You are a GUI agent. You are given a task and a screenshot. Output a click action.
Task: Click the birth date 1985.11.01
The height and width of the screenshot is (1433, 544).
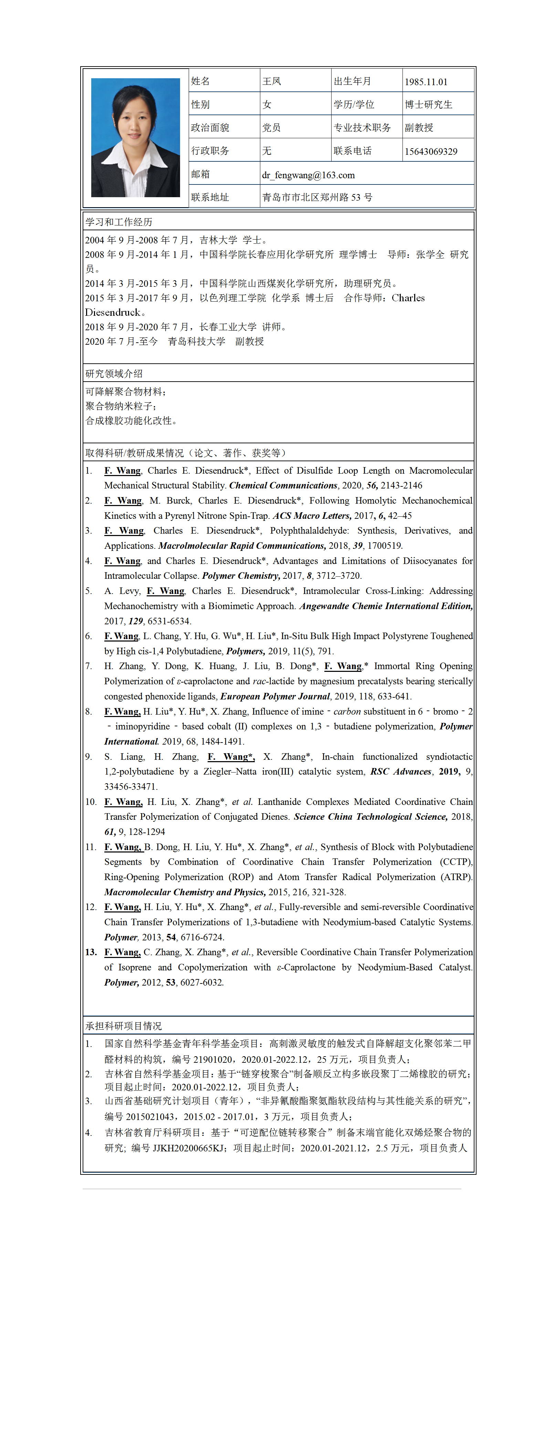click(x=426, y=82)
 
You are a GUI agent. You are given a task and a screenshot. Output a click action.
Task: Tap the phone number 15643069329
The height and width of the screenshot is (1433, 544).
click(x=431, y=151)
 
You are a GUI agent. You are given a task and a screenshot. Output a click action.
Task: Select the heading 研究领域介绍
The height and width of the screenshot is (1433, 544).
click(x=114, y=374)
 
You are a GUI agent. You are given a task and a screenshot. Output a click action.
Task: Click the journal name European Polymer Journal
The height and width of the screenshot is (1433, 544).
click(x=275, y=696)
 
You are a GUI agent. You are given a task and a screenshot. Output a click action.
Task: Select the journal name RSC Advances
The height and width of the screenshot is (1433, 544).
click(x=401, y=771)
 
